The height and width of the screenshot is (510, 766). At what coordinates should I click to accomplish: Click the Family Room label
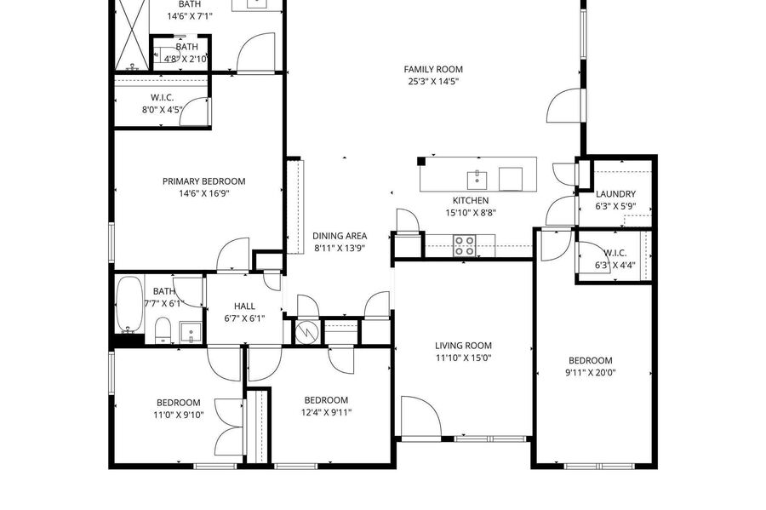[x=433, y=69]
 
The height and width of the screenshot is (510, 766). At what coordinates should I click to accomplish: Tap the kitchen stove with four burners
[x=464, y=245]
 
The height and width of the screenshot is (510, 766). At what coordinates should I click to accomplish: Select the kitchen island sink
[x=477, y=180]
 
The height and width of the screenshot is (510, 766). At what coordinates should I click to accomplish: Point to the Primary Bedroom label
[x=203, y=181]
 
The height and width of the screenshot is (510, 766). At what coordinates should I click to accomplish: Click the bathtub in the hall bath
[x=129, y=305]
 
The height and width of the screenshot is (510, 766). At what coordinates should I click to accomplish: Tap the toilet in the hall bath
[x=163, y=329]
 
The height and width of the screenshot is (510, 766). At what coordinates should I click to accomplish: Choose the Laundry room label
[x=615, y=194]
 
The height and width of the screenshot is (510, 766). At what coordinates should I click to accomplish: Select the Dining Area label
[x=340, y=236]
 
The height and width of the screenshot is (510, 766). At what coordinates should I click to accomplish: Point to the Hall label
[x=244, y=307]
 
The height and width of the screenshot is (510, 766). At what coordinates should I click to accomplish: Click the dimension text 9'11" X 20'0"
[x=590, y=373]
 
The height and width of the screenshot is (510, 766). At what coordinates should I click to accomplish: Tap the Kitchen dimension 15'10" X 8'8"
[x=471, y=213]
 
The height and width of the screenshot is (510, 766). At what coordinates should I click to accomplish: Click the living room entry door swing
[x=421, y=415]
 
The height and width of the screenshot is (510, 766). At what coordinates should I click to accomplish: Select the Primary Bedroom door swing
[x=233, y=254]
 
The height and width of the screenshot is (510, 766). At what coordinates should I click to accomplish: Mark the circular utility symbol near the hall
[x=306, y=332]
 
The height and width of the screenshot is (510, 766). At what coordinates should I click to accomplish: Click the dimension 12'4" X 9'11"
[x=326, y=412]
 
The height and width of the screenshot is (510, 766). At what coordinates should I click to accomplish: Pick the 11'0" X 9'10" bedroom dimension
[x=179, y=415]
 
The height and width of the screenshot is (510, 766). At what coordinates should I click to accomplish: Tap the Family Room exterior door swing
[x=564, y=105]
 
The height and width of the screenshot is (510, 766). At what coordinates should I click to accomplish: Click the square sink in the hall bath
[x=191, y=332]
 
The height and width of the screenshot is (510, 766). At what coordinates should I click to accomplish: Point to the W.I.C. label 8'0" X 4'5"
[x=163, y=110]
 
